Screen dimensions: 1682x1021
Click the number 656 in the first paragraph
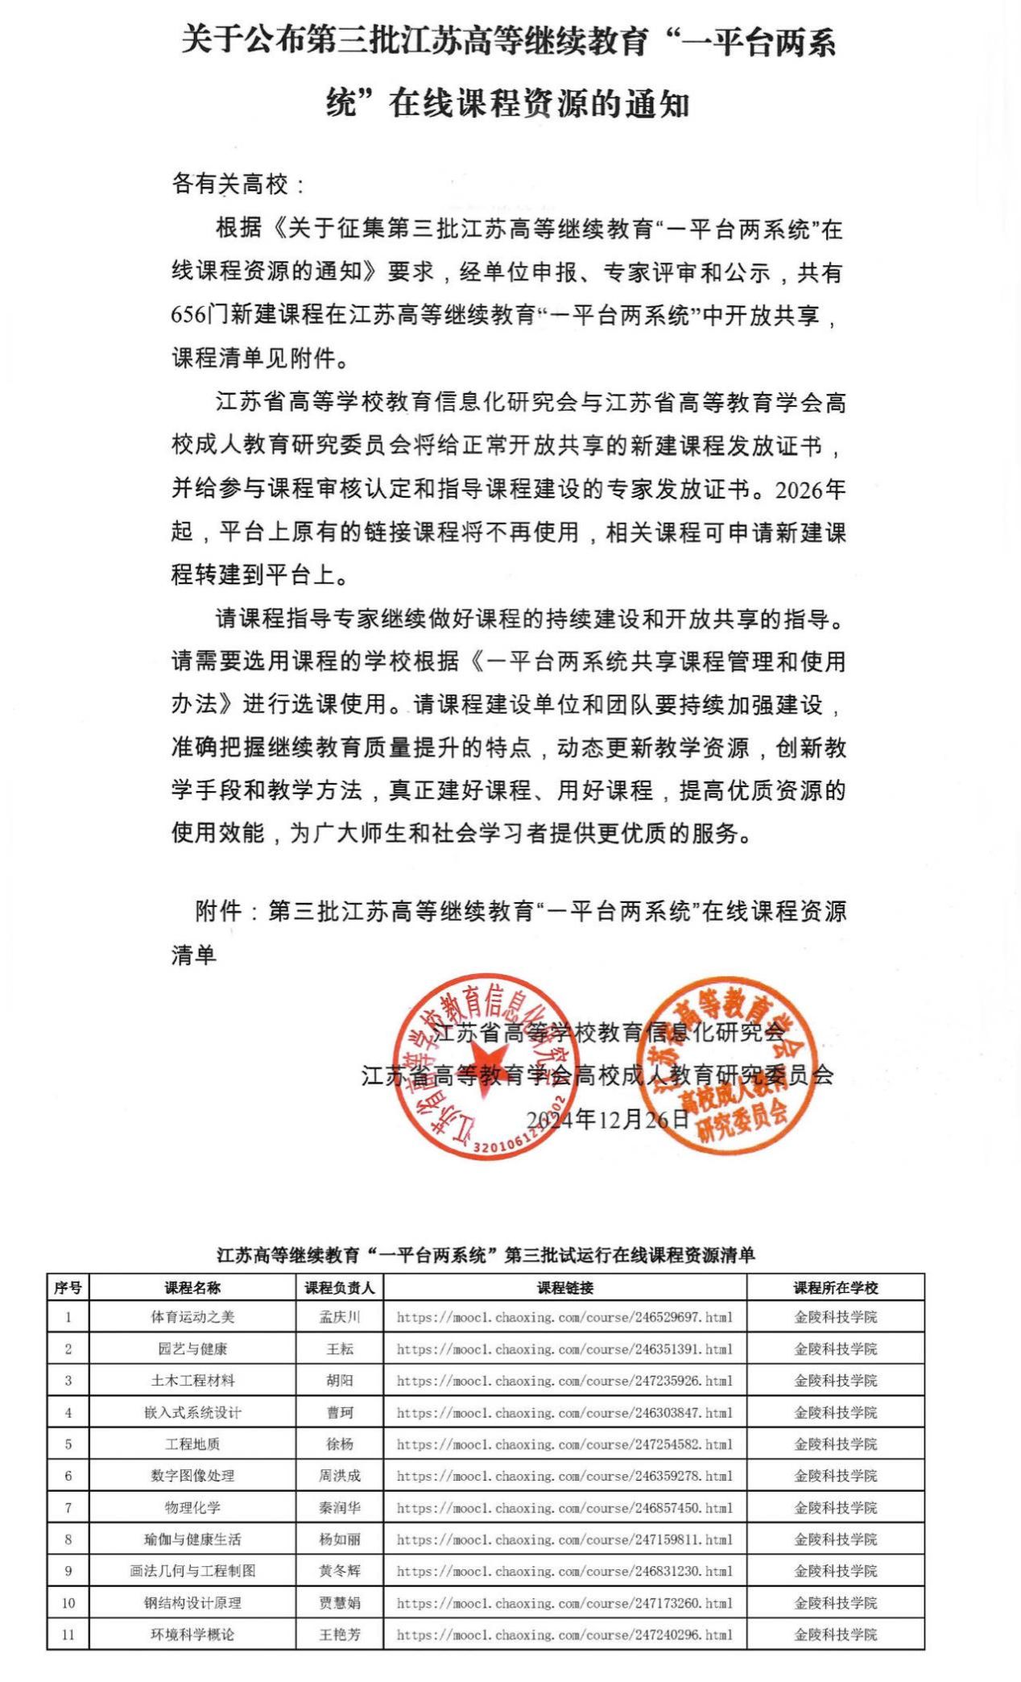(188, 314)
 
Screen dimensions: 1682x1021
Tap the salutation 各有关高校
(229, 184)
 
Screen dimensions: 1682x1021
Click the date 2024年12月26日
(608, 1118)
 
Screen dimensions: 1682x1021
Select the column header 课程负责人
(339, 1287)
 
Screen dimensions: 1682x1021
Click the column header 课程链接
(564, 1287)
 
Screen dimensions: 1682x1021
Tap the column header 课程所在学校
(835, 1287)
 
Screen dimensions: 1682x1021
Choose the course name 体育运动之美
(192, 1317)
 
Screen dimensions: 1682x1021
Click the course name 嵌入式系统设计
(192, 1412)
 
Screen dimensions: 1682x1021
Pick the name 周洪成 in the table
(339, 1476)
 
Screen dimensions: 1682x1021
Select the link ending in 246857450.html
(564, 1507)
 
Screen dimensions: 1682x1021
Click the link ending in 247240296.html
(564, 1634)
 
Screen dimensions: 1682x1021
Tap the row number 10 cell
(68, 1603)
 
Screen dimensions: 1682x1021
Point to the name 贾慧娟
(339, 1603)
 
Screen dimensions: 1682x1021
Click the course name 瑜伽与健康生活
(192, 1539)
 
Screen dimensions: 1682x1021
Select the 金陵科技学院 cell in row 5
(835, 1444)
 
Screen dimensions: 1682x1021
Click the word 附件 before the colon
(218, 911)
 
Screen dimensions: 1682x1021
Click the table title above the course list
(486, 1254)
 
